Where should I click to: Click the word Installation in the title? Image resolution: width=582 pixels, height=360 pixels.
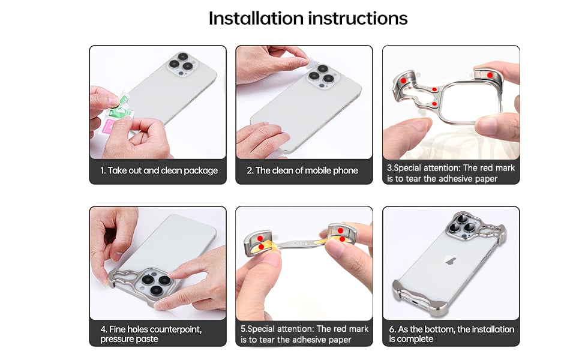[256, 18]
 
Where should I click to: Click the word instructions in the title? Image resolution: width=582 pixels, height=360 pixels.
[358, 18]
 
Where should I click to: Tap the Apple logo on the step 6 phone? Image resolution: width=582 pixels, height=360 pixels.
[451, 260]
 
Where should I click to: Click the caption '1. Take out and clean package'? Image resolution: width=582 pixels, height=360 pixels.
[159, 171]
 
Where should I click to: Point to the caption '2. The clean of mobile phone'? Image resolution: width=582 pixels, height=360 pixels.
[302, 171]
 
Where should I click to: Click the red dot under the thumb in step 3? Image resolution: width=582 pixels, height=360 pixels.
[490, 75]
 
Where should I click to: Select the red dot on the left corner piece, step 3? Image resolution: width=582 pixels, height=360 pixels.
[403, 80]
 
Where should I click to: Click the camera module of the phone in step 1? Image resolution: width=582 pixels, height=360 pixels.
[182, 64]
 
